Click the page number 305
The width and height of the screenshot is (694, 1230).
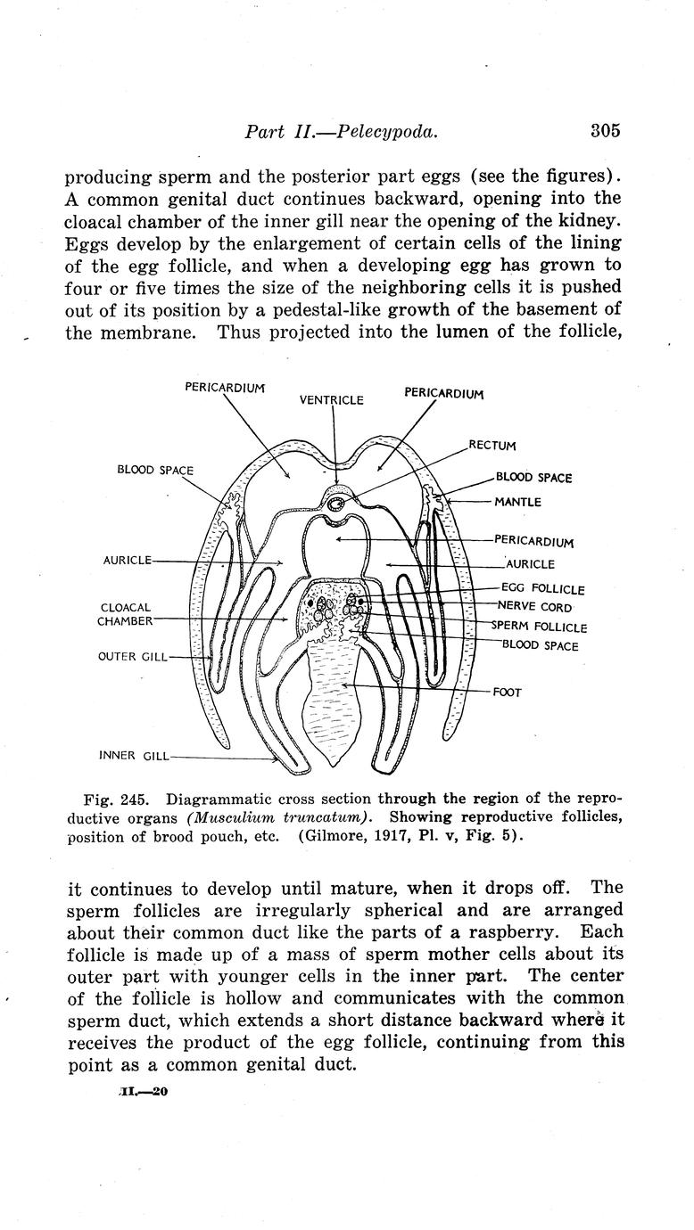pyautogui.click(x=604, y=131)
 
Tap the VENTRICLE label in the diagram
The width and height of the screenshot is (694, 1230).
pyautogui.click(x=331, y=400)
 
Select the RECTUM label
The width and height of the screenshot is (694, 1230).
pyautogui.click(x=492, y=446)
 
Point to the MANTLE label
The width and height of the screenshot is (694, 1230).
pyautogui.click(x=517, y=502)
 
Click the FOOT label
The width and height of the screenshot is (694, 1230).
pyautogui.click(x=507, y=693)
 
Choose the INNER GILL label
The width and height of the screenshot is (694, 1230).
pyautogui.click(x=132, y=757)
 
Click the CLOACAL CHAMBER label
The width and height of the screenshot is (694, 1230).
pyautogui.click(x=126, y=614)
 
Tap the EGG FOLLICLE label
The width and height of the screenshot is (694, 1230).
pyautogui.click(x=542, y=589)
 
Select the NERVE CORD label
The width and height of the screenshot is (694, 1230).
pyautogui.click(x=534, y=607)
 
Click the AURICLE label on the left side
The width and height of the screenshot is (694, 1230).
pyautogui.click(x=128, y=561)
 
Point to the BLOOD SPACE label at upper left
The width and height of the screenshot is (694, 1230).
pyautogui.click(x=155, y=470)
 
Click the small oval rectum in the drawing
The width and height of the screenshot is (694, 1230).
pyautogui.click(x=337, y=504)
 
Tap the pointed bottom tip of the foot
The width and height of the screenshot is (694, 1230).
pyautogui.click(x=335, y=767)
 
